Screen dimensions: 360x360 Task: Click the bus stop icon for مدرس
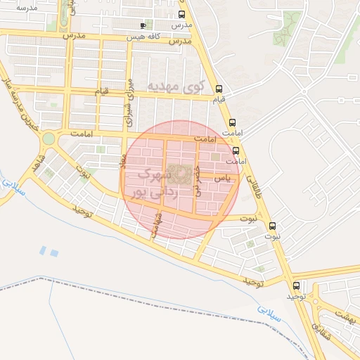(182, 15)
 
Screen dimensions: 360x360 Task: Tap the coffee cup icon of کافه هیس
(143, 25)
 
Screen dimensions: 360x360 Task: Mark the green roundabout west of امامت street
(48, 139)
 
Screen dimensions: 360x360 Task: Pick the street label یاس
(222, 179)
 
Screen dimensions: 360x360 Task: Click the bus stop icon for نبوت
(274, 226)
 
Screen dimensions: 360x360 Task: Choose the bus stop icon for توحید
(296, 285)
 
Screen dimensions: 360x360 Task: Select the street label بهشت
(345, 318)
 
